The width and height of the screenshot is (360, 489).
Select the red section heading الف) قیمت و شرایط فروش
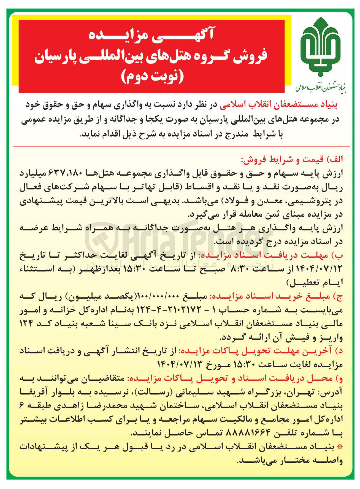pyautogui.click(x=292, y=160)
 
